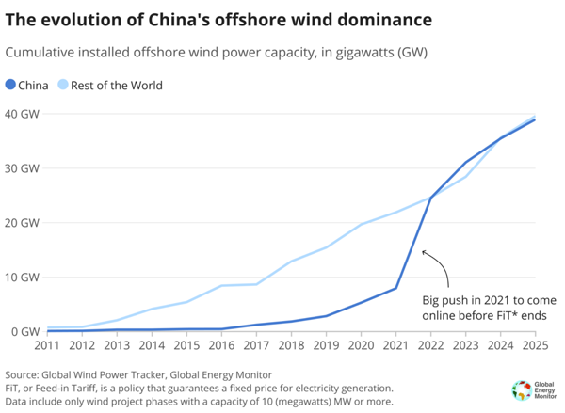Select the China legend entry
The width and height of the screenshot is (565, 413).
(x=27, y=86)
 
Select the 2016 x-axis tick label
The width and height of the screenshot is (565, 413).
(x=221, y=346)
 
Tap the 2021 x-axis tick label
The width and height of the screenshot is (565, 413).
(x=396, y=346)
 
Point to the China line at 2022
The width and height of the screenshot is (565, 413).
(x=431, y=199)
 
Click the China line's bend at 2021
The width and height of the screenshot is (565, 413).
(x=396, y=288)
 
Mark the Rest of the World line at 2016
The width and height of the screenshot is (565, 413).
(x=221, y=285)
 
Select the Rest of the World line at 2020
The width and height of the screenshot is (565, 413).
(x=362, y=224)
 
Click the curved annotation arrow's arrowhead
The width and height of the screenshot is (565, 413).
(x=425, y=252)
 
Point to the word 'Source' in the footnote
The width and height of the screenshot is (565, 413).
(x=24, y=374)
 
